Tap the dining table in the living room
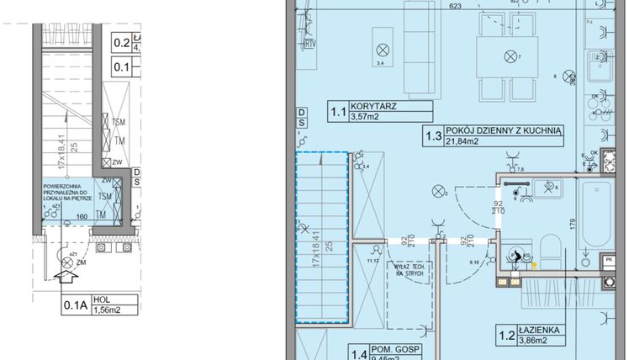(x=509, y=56)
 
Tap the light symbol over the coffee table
(x=383, y=48)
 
